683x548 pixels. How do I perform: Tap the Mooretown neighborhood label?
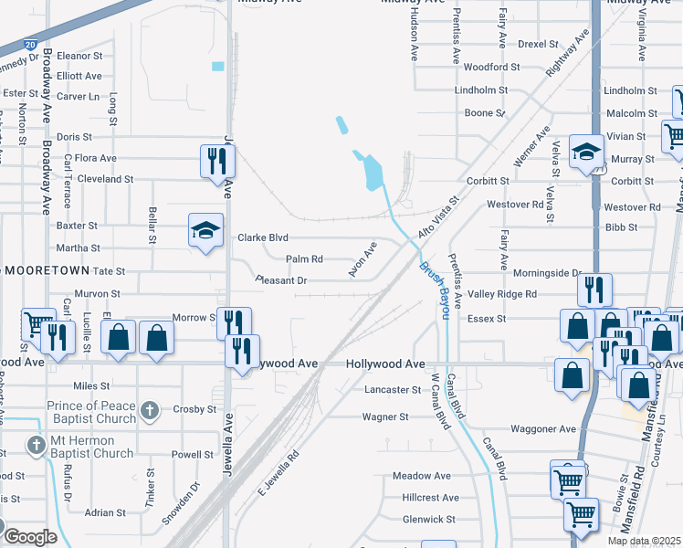(47, 271)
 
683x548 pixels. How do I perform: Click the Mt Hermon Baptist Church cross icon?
(36, 447)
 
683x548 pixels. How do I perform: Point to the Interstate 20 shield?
(31, 44)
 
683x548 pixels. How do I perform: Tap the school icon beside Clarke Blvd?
(205, 230)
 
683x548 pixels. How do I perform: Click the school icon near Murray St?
(585, 152)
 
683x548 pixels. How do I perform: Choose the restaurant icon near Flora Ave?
(217, 161)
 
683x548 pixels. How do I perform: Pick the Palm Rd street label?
(305, 259)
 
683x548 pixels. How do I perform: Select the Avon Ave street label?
(363, 260)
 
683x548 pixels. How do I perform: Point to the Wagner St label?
(384, 416)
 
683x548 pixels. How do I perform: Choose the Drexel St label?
(538, 44)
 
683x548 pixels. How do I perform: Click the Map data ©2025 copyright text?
(645, 541)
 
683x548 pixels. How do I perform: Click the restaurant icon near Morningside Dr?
(594, 290)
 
